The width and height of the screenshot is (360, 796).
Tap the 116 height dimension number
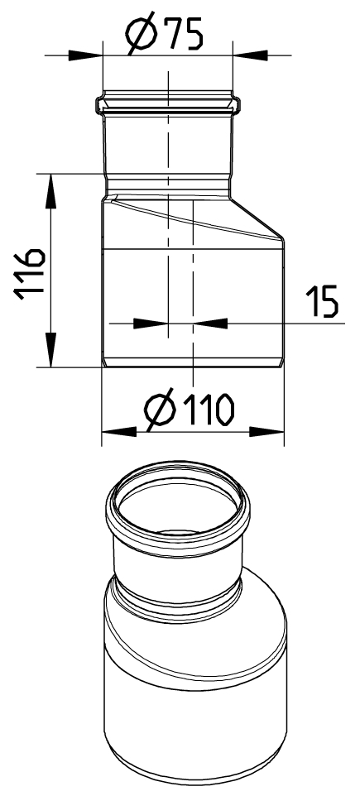coord(29,274)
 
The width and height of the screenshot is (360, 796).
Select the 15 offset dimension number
coord(321,301)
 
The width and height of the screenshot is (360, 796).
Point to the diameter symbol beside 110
coord(161,410)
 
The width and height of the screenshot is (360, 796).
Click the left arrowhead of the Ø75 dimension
coord(85,55)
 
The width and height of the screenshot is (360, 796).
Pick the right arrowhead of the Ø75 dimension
coord(250,55)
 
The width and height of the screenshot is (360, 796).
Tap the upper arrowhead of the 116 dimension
coord(50,191)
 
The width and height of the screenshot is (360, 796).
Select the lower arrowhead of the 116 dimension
coord(50,349)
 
